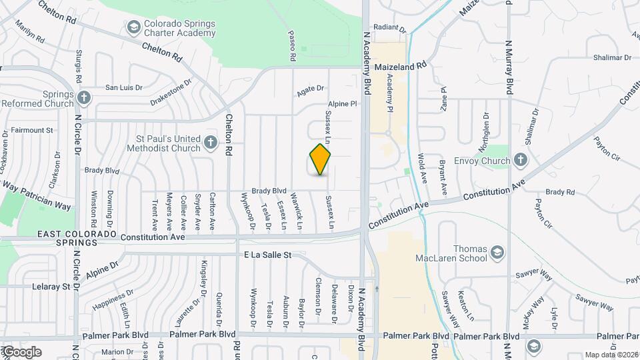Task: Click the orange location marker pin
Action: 321,159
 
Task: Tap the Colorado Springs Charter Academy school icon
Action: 133,27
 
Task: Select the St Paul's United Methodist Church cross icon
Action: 211,142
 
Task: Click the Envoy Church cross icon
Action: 521,160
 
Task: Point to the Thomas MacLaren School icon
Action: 497,252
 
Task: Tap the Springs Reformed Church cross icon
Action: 83,98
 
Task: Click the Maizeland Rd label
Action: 400,66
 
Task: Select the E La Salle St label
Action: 268,255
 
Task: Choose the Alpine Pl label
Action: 343,104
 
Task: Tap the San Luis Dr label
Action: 124,87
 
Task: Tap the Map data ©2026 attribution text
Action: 611,355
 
